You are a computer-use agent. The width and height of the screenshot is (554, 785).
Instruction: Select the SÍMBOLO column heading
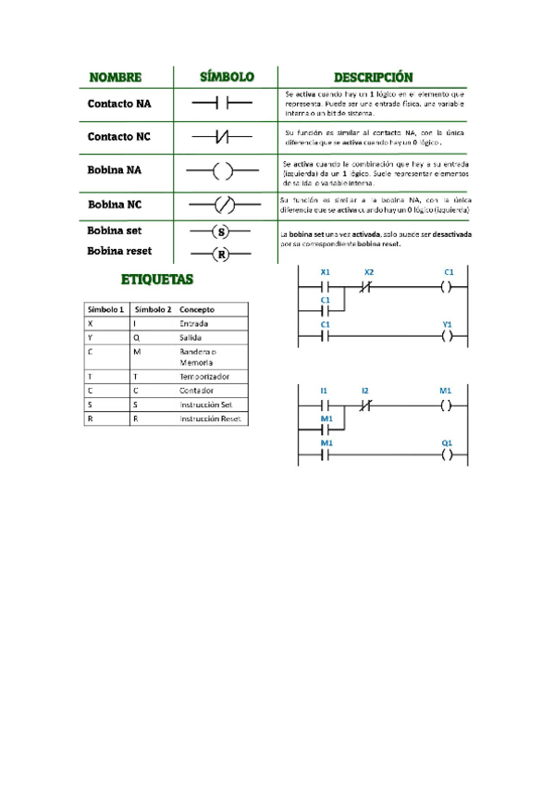(228, 76)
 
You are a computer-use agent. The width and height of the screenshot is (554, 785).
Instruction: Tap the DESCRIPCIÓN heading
(374, 77)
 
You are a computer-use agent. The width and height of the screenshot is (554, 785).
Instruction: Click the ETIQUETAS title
(157, 278)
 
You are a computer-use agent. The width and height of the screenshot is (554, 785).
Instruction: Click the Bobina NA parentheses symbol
(222, 171)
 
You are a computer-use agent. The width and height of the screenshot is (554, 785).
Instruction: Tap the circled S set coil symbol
(220, 231)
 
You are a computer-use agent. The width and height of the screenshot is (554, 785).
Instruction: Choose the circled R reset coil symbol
(220, 254)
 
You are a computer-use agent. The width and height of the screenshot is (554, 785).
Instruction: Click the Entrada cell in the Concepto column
(194, 324)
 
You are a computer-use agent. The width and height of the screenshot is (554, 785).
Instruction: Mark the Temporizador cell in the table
(205, 377)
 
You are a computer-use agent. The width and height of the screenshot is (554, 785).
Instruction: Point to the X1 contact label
(325, 272)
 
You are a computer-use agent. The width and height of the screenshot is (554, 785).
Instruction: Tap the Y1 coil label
(448, 325)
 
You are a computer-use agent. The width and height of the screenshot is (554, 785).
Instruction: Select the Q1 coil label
(447, 443)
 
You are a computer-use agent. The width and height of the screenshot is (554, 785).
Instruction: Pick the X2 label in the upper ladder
(369, 272)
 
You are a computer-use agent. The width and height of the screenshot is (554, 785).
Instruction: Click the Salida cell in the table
(191, 338)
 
